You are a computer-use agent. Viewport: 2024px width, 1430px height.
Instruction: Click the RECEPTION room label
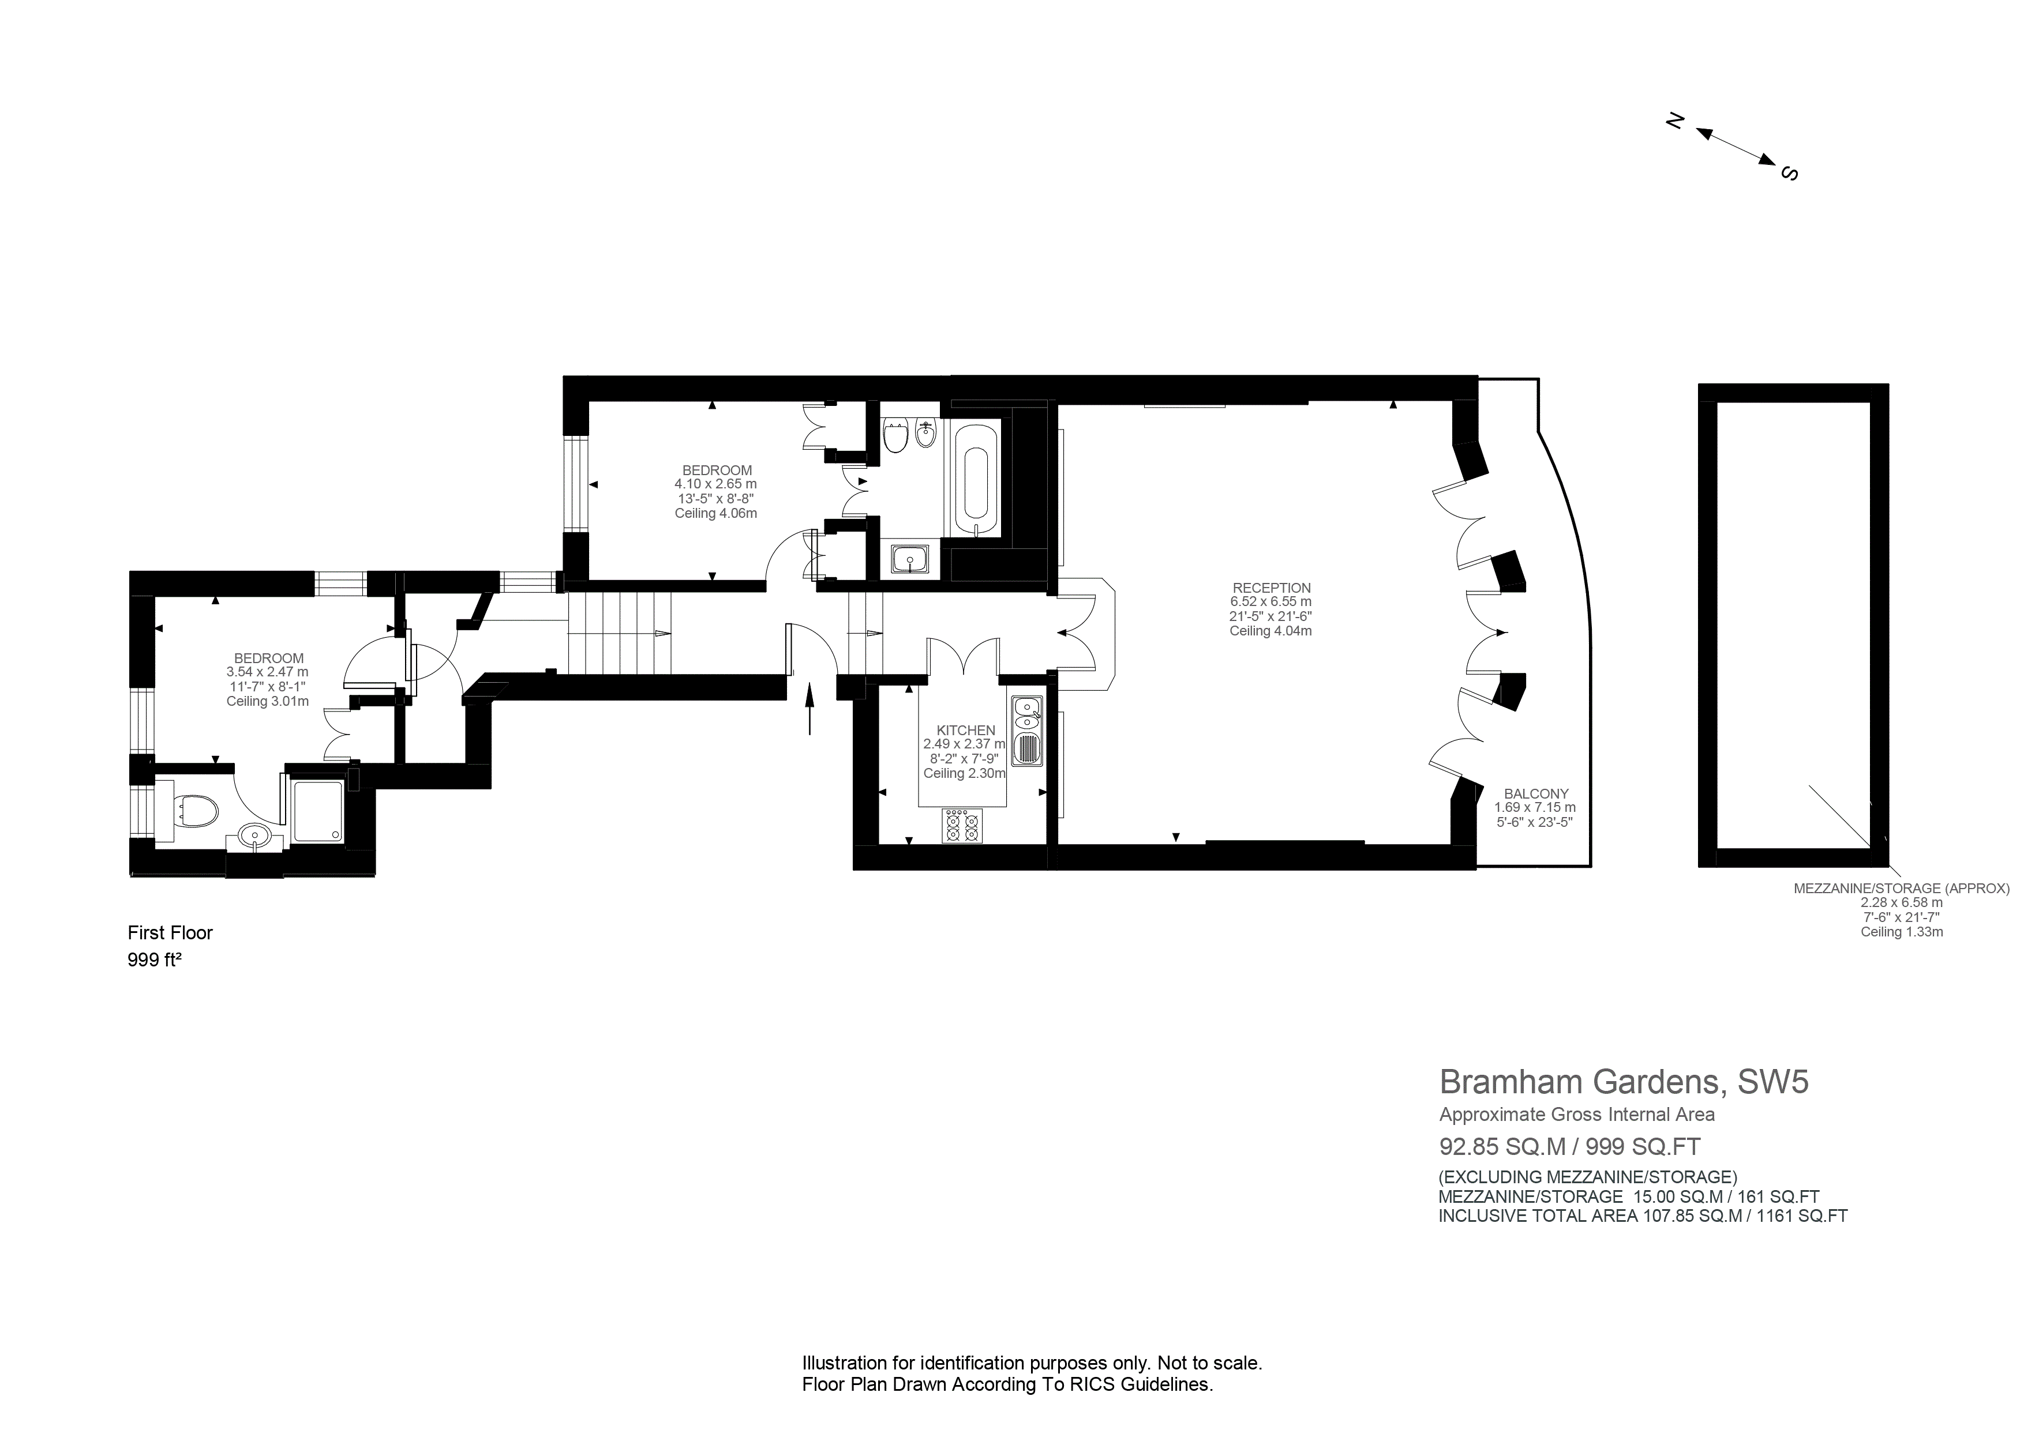1271,588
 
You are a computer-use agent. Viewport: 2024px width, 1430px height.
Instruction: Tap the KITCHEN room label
965,731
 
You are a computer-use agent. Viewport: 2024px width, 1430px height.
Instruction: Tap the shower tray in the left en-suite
317,811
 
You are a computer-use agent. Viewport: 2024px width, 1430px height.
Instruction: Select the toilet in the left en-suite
194,811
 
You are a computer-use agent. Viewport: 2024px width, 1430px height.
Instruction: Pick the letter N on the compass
1675,122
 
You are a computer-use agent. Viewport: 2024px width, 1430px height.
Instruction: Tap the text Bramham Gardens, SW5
1624,1081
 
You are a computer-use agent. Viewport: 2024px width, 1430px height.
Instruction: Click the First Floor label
170,933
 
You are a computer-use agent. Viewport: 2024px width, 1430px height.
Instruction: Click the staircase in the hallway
619,633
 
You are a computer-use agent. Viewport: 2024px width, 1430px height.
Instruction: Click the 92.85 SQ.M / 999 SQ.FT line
1569,1146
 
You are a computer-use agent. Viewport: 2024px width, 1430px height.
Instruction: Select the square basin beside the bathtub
909,559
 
